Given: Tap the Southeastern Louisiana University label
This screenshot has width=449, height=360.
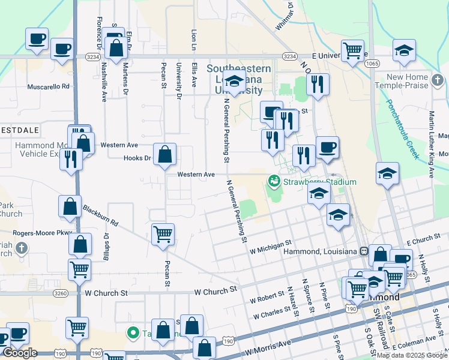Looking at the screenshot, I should pyautogui.click(x=238, y=80).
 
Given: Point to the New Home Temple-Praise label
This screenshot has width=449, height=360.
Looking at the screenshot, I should pyautogui.click(x=407, y=81).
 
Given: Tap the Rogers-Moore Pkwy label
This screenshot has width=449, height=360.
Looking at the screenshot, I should pyautogui.click(x=43, y=233).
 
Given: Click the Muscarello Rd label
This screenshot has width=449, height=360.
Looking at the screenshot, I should pyautogui.click(x=49, y=86).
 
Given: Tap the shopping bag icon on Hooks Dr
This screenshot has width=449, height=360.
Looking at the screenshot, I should pyautogui.click(x=164, y=155).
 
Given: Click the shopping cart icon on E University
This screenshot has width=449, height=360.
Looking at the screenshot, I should pyautogui.click(x=352, y=50).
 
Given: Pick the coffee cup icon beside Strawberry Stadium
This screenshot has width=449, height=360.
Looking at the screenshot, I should pyautogui.click(x=327, y=148).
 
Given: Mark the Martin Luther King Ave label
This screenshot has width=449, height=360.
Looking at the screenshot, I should pyautogui.click(x=431, y=144).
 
